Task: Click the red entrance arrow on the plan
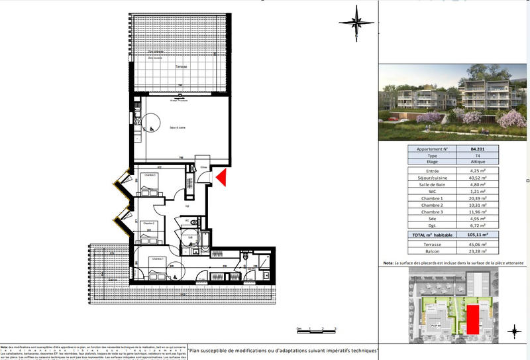(x=221, y=177)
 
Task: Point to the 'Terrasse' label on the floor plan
(x=181, y=67)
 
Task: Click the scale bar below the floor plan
(x=317, y=329)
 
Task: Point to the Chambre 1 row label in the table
(x=432, y=198)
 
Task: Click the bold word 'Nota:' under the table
(x=388, y=263)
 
